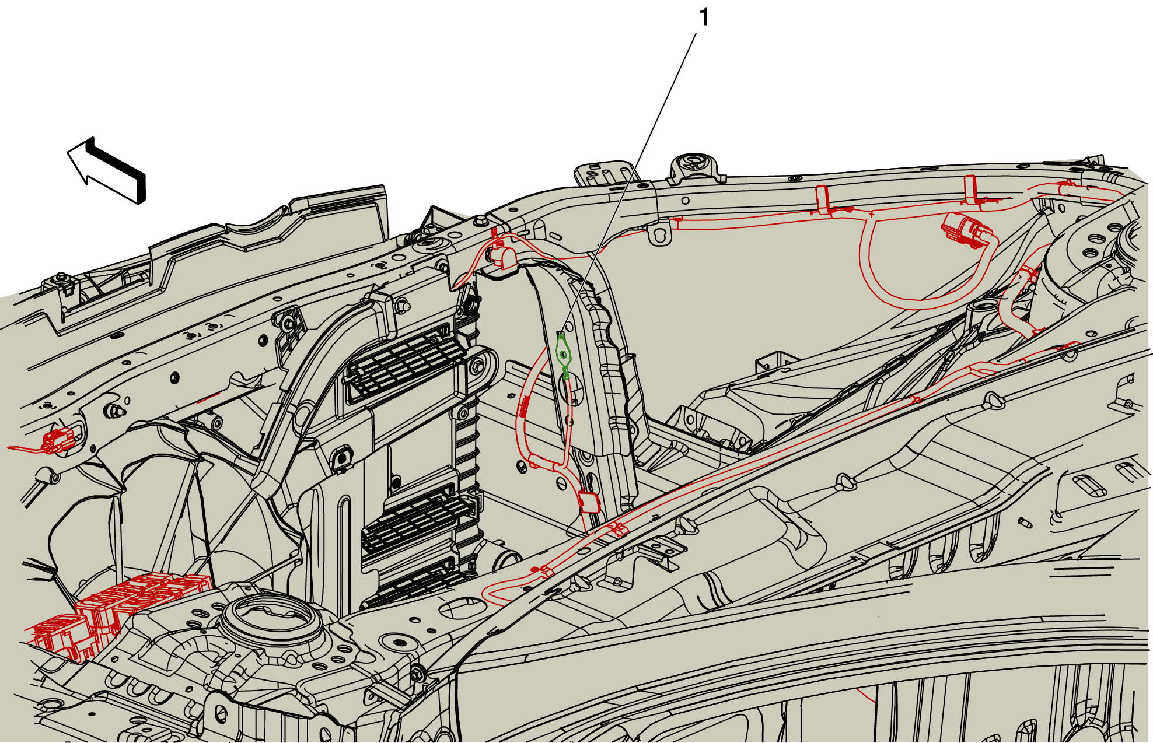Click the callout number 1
704,17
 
